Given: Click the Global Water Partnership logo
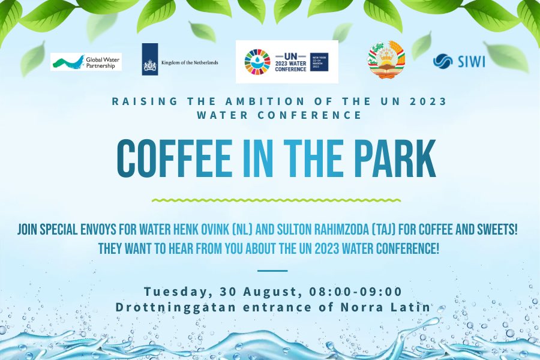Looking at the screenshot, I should [x=86, y=62].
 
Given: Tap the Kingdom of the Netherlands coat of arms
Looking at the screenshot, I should [x=150, y=62].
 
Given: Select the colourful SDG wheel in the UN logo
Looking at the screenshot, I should [x=257, y=62].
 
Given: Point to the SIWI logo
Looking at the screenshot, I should [x=459, y=61].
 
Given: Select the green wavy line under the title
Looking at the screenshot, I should [x=276, y=200].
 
